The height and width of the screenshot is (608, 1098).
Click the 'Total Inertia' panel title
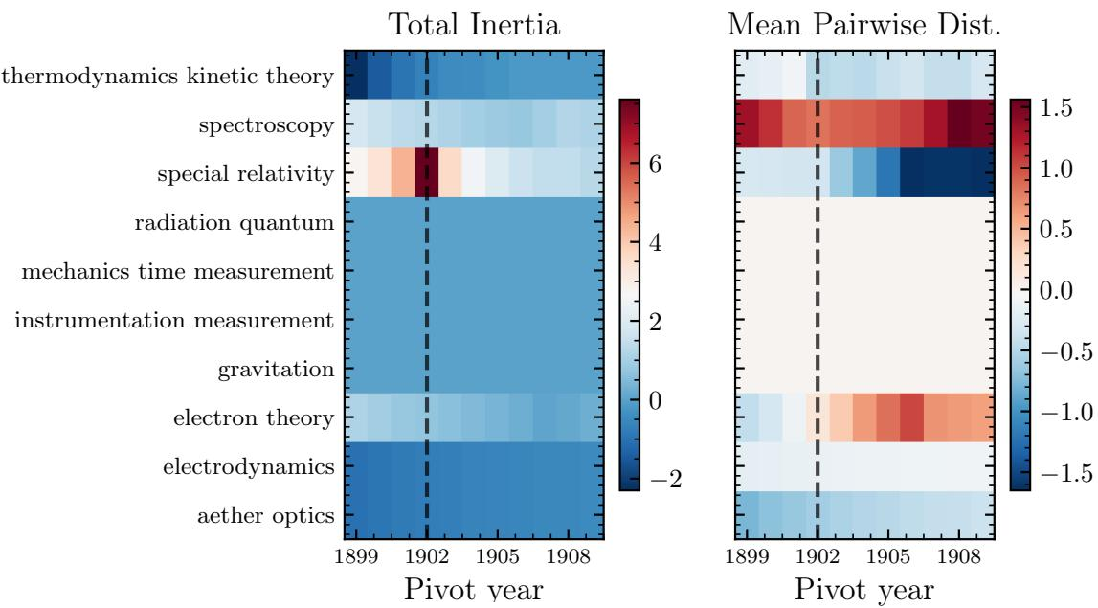474,25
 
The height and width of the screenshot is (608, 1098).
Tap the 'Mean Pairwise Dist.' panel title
864,25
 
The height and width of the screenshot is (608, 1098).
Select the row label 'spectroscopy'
266,126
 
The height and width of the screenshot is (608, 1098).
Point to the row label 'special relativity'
246,173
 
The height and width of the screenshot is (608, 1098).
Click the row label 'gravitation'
276,370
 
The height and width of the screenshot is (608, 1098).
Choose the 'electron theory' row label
255,418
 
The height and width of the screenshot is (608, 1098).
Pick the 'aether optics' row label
266,516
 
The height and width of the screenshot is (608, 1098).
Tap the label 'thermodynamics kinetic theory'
168,76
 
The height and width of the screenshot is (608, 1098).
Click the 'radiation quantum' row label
235,223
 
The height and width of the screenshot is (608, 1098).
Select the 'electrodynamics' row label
249,467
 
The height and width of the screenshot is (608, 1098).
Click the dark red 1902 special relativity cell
426,172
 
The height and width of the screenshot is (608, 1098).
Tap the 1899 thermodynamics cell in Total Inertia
356,75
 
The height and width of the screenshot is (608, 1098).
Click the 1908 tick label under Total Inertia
568,557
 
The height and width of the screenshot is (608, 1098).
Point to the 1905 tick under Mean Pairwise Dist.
888,557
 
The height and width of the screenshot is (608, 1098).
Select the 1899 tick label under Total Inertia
356,557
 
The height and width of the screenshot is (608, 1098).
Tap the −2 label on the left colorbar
665,480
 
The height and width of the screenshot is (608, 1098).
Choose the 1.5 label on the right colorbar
1056,108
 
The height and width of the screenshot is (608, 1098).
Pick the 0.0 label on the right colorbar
1056,289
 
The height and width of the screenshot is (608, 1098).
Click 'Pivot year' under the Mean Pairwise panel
864,591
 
